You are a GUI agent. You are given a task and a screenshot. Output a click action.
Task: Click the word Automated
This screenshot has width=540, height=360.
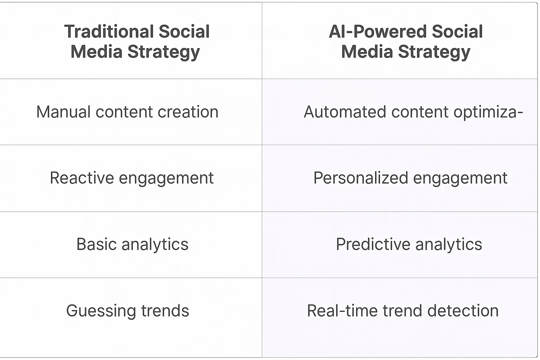click(x=345, y=112)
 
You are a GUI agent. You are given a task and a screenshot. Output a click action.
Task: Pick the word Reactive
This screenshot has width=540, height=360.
click(x=82, y=178)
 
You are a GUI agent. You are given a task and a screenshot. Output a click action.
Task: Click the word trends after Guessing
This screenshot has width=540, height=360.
click(x=165, y=311)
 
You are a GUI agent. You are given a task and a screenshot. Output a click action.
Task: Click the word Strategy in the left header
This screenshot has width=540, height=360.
click(x=163, y=52)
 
